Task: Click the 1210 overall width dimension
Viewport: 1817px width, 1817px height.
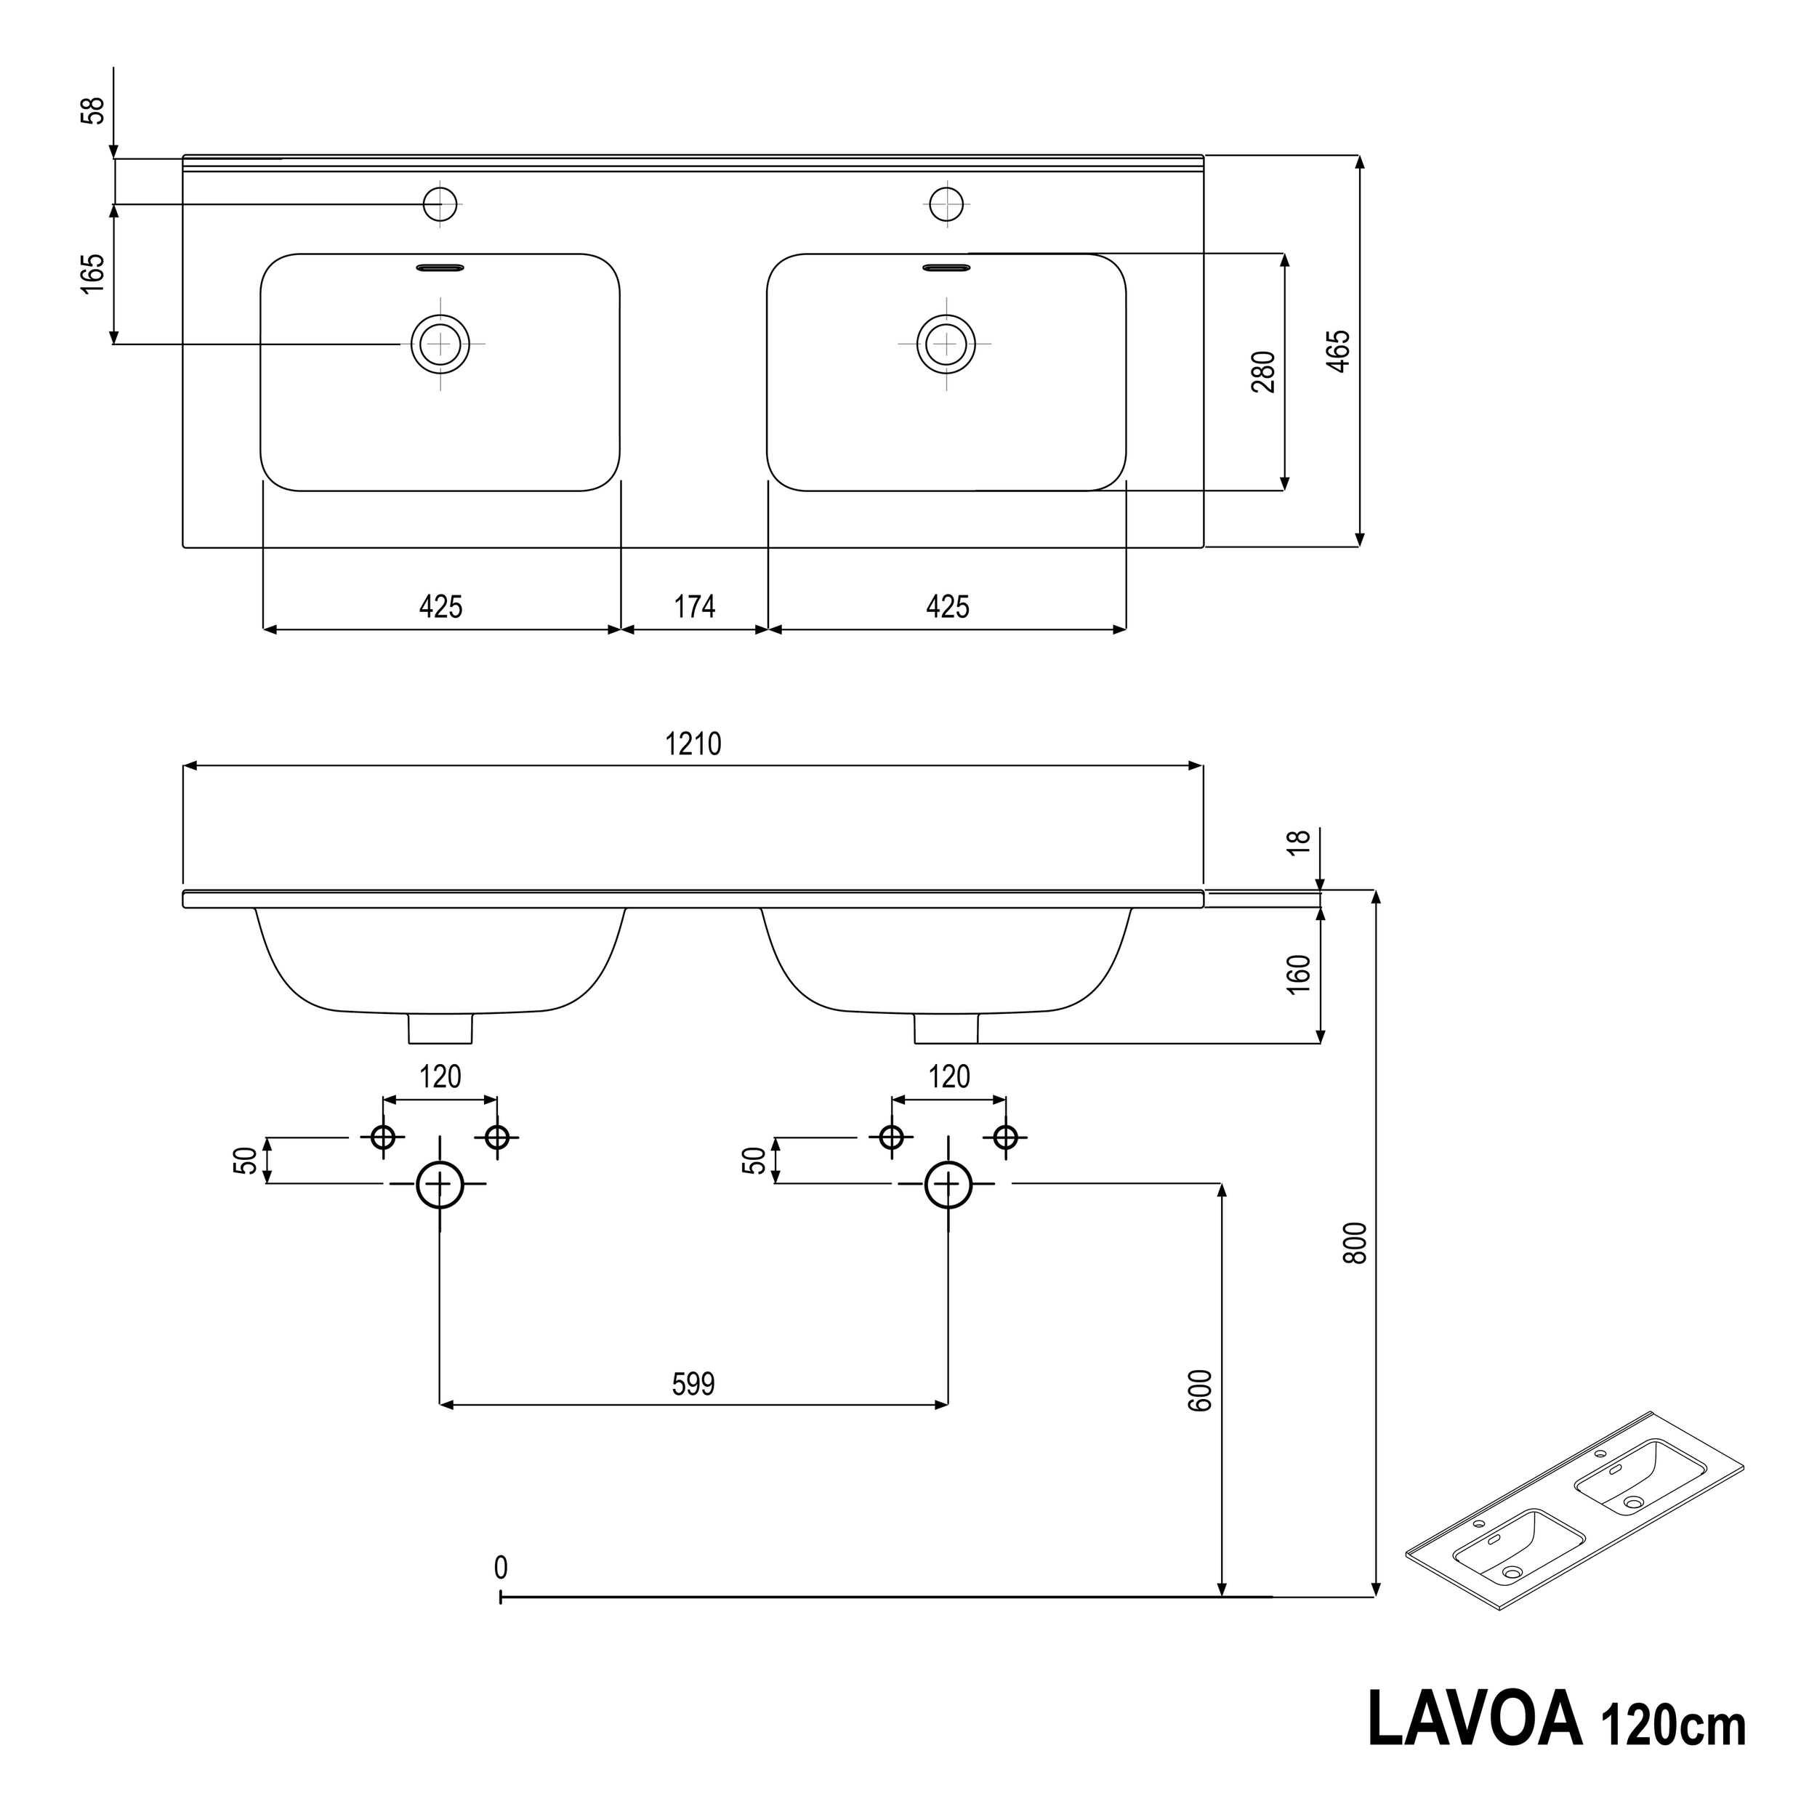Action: click(x=693, y=744)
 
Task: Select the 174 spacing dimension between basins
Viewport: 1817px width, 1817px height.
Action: click(x=694, y=607)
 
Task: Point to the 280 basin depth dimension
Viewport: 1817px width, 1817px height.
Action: click(x=1264, y=371)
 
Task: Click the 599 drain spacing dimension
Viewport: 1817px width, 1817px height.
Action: click(x=693, y=1385)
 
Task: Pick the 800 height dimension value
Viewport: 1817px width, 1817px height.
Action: click(x=1354, y=1242)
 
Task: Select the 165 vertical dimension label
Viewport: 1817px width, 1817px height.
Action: click(x=92, y=274)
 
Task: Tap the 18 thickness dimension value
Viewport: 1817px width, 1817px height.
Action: click(x=1298, y=842)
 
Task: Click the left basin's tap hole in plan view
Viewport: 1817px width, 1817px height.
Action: click(x=440, y=204)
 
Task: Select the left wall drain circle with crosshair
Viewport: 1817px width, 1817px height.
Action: click(x=440, y=1184)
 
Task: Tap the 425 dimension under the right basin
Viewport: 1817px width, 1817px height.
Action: click(x=947, y=607)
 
